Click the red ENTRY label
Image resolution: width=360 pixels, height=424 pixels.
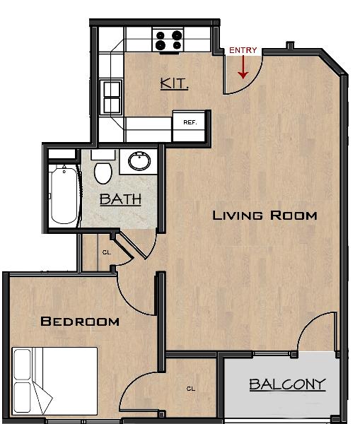pyautogui.click(x=243, y=50)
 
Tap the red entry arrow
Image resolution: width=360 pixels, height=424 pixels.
pyautogui.click(x=243, y=67)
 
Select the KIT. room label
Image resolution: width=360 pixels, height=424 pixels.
pyautogui.click(x=174, y=83)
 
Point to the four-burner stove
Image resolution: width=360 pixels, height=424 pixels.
pyautogui.click(x=168, y=40)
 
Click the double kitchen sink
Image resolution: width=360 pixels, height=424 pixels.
pyautogui.click(x=112, y=98)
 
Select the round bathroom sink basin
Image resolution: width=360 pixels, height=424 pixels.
pyautogui.click(x=139, y=161)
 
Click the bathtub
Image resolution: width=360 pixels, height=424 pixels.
pyautogui.click(x=64, y=195)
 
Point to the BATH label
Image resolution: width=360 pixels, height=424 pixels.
pyautogui.click(x=120, y=199)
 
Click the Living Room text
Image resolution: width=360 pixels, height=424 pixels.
pyautogui.click(x=265, y=216)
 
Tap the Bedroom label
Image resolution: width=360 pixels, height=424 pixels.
pyautogui.click(x=80, y=322)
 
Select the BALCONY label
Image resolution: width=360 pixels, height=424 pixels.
pyautogui.click(x=287, y=384)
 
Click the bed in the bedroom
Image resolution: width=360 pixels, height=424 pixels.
pyautogui.click(x=54, y=381)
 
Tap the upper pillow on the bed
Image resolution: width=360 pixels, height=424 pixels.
pyautogui.click(x=22, y=364)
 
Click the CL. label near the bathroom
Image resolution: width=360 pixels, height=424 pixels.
pyautogui.click(x=107, y=252)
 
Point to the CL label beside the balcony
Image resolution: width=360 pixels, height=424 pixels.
pyautogui.click(x=191, y=389)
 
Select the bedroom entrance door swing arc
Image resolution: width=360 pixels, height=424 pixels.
pyautogui.click(x=127, y=302)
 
